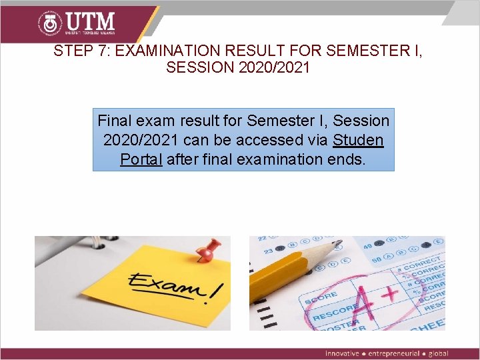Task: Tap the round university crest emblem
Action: click(x=51, y=24)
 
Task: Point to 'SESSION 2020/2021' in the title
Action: click(x=238, y=68)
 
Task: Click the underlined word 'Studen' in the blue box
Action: click(x=358, y=140)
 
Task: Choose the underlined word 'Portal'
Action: click(x=141, y=159)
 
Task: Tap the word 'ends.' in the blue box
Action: click(x=347, y=159)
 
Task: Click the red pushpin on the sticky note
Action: click(x=209, y=251)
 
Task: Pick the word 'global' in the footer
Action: click(x=438, y=353)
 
